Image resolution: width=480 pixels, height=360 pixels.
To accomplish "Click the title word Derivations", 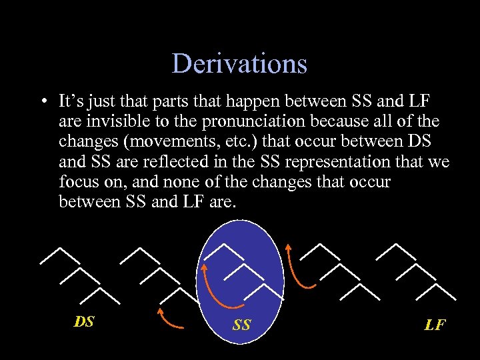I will tap(239, 64).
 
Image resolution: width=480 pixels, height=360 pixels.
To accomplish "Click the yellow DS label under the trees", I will tap(84, 322).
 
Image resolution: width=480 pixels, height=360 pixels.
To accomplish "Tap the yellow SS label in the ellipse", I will tap(241, 325).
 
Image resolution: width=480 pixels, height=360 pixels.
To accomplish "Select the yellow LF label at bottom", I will tap(435, 325).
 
